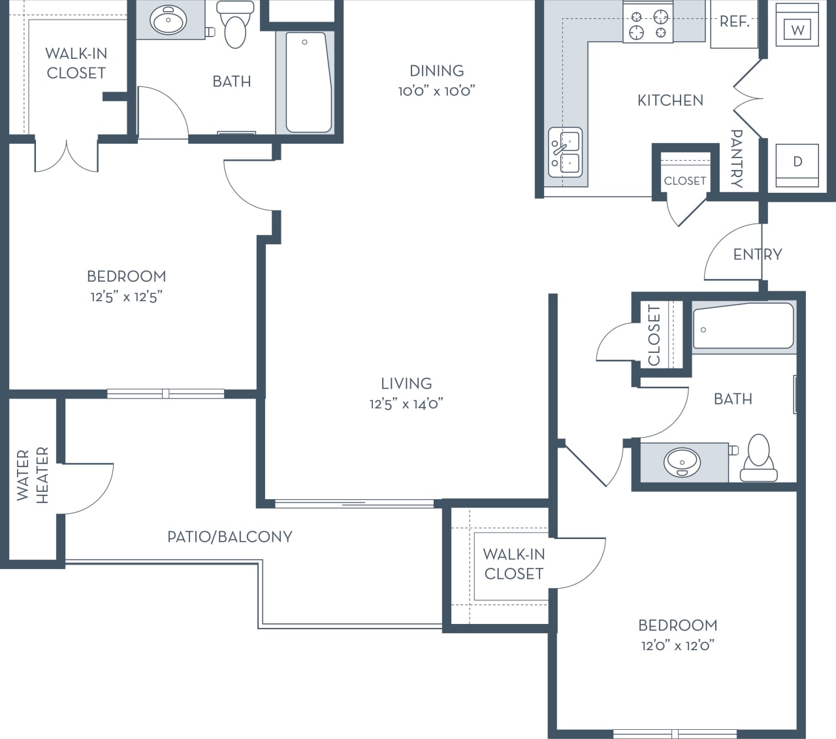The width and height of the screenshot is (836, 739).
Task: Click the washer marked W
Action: click(x=797, y=29)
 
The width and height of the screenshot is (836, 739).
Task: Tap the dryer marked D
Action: click(x=797, y=162)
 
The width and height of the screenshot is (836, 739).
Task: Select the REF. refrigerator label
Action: click(x=734, y=22)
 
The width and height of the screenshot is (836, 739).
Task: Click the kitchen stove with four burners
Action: click(x=647, y=24)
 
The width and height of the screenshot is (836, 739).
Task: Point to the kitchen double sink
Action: click(x=565, y=153)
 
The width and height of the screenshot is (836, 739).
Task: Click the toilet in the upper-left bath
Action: click(x=235, y=26)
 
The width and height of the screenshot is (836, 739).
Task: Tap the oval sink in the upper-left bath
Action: click(x=169, y=21)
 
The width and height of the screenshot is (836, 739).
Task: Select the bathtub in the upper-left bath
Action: click(x=308, y=82)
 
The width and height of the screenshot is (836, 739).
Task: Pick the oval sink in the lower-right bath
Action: click(x=682, y=462)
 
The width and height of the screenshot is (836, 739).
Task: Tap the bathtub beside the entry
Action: click(x=743, y=325)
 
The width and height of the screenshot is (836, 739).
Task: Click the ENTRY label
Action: click(x=757, y=254)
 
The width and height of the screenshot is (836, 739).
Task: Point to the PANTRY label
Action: click(x=736, y=159)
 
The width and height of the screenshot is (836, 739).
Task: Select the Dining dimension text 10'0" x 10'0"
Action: click(x=436, y=91)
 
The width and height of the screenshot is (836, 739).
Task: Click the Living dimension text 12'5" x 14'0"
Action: click(x=406, y=404)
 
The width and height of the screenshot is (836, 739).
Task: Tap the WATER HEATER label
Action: click(x=32, y=475)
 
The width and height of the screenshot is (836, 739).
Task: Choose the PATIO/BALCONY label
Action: click(x=229, y=536)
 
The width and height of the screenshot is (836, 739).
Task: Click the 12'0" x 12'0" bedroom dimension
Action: click(x=677, y=646)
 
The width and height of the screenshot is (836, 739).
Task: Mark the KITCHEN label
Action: click(x=670, y=100)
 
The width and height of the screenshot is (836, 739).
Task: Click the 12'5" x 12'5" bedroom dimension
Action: click(x=126, y=297)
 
